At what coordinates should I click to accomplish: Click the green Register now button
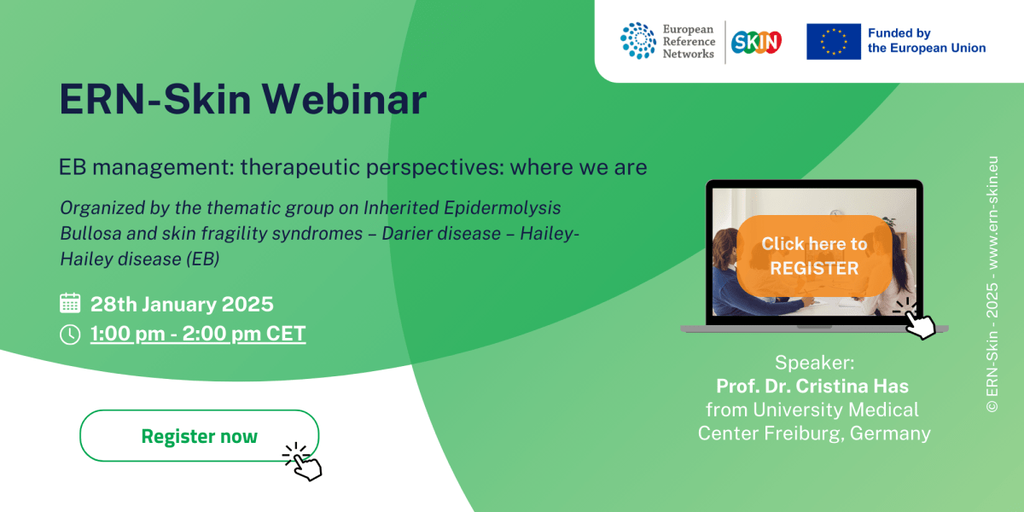[x=199, y=436]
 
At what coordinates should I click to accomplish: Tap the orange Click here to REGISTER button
[x=814, y=255]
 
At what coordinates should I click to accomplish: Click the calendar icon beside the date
[x=70, y=304]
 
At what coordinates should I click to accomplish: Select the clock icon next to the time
[x=70, y=335]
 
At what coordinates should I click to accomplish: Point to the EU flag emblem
[x=833, y=41]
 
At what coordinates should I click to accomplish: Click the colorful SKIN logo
[x=758, y=41]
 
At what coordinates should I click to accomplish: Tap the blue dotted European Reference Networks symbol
[x=637, y=41]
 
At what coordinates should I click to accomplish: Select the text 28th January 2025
[x=182, y=304]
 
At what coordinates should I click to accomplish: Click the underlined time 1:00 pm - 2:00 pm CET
[x=198, y=334]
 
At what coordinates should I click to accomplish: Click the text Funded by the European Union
[x=926, y=41]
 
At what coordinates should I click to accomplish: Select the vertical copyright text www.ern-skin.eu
[x=992, y=212]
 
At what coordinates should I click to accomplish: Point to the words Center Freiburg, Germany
[x=814, y=433]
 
